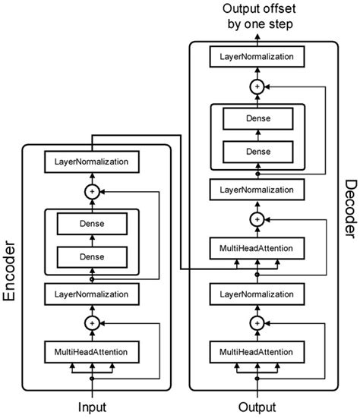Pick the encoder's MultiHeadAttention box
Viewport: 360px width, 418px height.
pyautogui.click(x=92, y=352)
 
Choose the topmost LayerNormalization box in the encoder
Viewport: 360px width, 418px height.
pyautogui.click(x=92, y=162)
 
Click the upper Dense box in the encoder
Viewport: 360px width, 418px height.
pyautogui.click(x=92, y=224)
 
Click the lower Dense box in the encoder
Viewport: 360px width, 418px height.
pyautogui.click(x=92, y=256)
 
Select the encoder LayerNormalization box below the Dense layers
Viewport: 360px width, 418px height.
pyautogui.click(x=92, y=291)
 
